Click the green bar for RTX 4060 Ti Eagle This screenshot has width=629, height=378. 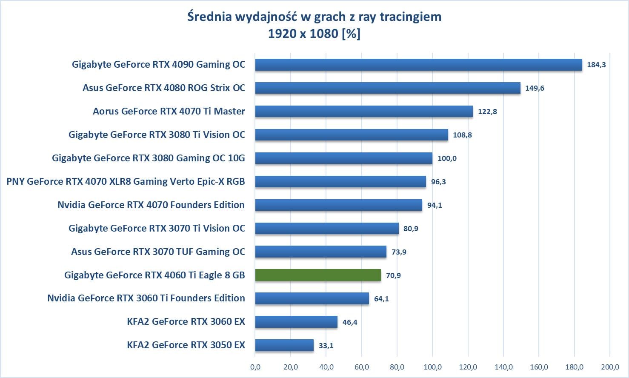(x=318, y=275)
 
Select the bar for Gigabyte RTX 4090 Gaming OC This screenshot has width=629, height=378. (x=418, y=65)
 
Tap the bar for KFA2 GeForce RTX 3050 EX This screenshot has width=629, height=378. (x=284, y=345)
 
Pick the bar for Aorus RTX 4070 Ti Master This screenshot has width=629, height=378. (x=364, y=112)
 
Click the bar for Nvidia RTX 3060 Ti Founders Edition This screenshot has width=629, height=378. (x=312, y=298)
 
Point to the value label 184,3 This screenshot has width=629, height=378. (x=596, y=65)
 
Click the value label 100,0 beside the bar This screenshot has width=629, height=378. (x=447, y=158)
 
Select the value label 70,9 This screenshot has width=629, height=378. (x=393, y=275)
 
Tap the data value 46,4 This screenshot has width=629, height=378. (x=350, y=322)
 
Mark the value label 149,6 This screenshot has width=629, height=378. (x=535, y=88)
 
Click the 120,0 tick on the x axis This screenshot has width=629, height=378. (x=468, y=367)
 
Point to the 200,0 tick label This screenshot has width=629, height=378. (x=610, y=367)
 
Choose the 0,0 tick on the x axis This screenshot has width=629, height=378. (x=255, y=367)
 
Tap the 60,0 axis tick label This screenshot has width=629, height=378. (x=362, y=367)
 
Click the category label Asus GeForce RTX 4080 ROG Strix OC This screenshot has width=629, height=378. (x=164, y=88)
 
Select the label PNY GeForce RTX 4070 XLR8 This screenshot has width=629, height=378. (x=126, y=182)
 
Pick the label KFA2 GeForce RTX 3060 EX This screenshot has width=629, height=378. (x=186, y=322)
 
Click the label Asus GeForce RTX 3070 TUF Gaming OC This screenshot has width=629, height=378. (x=158, y=252)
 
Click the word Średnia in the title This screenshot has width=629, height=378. (x=209, y=17)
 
